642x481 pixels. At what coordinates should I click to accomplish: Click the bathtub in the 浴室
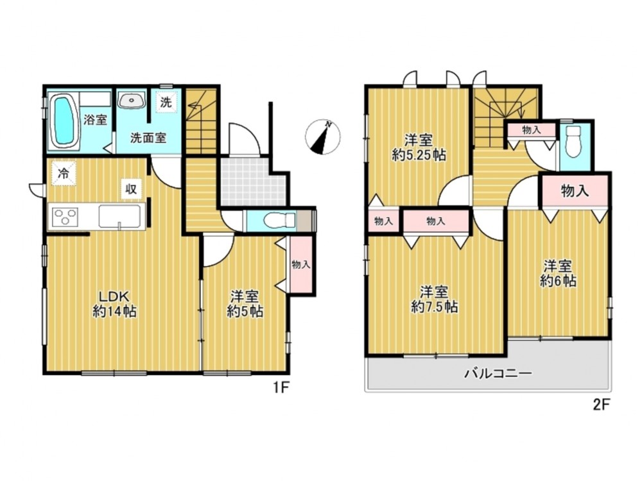(64, 120)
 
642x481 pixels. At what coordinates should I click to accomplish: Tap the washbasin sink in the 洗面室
(132, 99)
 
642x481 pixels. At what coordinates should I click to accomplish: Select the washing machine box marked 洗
(166, 102)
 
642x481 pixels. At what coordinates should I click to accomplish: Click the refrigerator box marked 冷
(64, 173)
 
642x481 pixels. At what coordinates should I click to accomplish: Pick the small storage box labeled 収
(130, 189)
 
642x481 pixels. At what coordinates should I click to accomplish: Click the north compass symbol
(323, 137)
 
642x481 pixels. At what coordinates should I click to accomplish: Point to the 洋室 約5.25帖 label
(419, 148)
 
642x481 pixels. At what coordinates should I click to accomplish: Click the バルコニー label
(498, 373)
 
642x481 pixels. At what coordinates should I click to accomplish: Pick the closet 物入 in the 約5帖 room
(301, 264)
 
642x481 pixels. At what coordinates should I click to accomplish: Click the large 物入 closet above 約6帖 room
(575, 190)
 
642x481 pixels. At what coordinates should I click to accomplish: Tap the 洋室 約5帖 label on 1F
(245, 304)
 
